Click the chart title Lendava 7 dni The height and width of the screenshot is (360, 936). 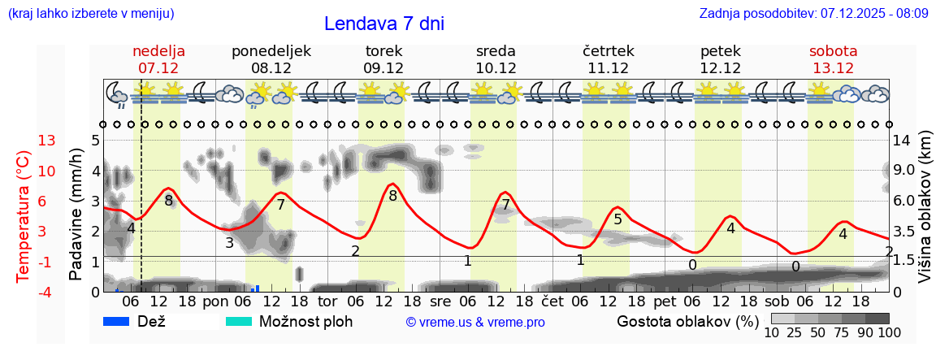point(383,24)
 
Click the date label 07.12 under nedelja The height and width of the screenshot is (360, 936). point(158,68)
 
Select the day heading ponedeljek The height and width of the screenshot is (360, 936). point(271,51)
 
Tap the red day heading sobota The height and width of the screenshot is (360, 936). point(833,51)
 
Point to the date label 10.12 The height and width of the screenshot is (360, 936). point(496,68)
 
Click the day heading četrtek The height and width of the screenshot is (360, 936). point(608,51)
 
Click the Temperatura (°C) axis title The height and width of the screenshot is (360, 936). point(24,217)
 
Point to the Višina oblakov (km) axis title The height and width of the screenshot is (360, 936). point(925,209)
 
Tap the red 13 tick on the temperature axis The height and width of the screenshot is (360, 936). point(47,141)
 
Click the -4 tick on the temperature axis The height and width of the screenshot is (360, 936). point(47,292)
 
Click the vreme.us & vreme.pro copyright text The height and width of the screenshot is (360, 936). point(475,323)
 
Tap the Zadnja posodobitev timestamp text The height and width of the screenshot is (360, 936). point(813,14)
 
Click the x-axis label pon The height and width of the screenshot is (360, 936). point(216,301)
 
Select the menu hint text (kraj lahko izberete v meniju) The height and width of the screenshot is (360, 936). point(90,14)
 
